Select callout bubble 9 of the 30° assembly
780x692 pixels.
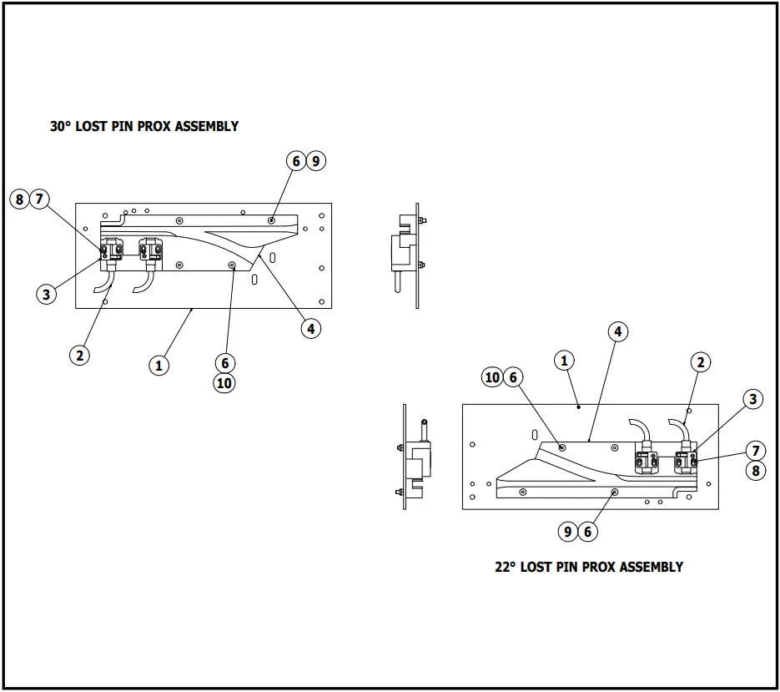(315, 161)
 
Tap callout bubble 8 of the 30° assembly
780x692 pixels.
(20, 199)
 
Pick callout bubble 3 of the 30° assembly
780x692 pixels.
(46, 294)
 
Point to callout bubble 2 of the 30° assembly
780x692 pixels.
(79, 355)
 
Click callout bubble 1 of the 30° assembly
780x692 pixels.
(159, 365)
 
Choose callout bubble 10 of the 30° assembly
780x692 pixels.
(224, 383)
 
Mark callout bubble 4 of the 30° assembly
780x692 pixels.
(310, 329)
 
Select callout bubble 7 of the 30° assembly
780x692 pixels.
(39, 199)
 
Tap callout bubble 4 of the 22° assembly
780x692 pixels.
(617, 331)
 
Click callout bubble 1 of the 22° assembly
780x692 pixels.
(565, 361)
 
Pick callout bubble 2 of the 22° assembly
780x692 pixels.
(701, 361)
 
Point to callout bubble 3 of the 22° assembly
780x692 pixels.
(752, 399)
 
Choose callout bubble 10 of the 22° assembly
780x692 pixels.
(493, 377)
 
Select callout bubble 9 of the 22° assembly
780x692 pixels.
(568, 531)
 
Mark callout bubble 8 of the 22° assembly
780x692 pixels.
(755, 470)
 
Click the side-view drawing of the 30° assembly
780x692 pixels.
(407, 255)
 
